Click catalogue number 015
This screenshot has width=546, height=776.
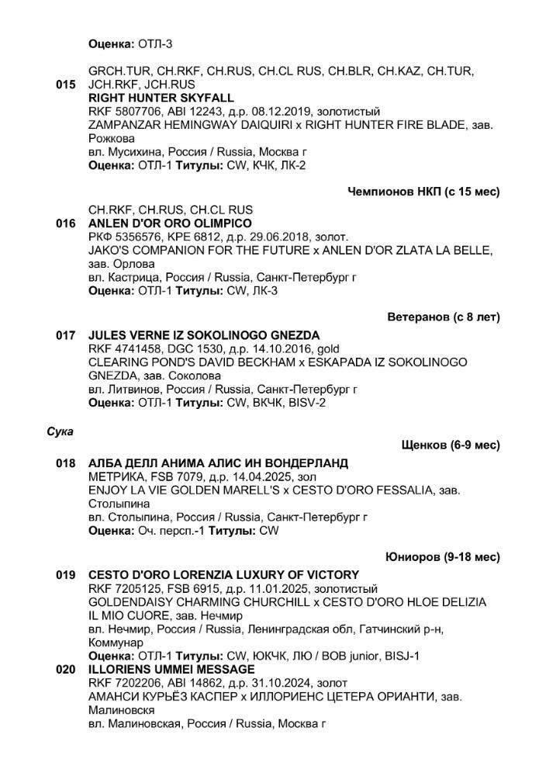point(65,85)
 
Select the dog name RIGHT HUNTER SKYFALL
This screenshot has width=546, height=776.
point(161,99)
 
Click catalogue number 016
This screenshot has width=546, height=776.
point(65,223)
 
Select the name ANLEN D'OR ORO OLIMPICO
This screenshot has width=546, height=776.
point(175,223)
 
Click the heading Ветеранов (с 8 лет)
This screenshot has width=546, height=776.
point(444,317)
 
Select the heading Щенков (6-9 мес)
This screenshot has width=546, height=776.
point(451,445)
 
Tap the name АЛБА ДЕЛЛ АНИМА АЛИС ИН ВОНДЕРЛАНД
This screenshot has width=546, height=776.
point(207,463)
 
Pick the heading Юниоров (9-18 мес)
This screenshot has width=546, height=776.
point(442,557)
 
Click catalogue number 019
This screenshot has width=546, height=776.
point(65,575)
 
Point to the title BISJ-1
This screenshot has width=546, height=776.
point(401,656)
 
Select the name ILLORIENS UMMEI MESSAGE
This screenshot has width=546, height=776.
point(171,669)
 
